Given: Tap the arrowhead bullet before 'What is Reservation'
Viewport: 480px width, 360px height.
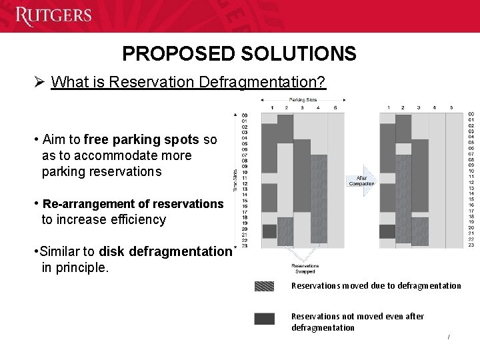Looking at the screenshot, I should click(39, 82).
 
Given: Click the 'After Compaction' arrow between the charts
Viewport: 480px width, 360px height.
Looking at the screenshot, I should click(361, 179).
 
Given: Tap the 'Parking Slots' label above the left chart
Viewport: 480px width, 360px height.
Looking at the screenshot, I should click(303, 100).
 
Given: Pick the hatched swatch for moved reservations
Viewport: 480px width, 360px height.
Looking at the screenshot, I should click(264, 286).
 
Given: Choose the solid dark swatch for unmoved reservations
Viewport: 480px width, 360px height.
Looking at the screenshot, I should click(264, 319).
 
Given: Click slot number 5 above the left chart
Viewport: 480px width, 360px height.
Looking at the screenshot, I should click(335, 107).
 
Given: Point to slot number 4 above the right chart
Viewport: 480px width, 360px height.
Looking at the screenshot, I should click(435, 107).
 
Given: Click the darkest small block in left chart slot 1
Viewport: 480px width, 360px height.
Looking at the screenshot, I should click(269, 231).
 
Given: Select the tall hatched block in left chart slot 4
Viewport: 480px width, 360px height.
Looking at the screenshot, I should click(319, 199).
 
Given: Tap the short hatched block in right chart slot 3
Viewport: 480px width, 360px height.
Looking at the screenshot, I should click(420, 231).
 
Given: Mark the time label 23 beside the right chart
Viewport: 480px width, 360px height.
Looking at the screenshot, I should click(471, 245).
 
